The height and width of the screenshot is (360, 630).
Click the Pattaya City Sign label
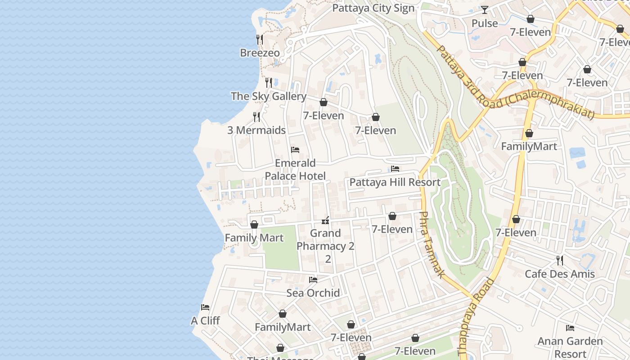click(373, 8)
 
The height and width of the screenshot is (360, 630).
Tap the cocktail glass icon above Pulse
click(485, 10)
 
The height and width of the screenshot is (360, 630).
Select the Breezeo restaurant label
click(260, 53)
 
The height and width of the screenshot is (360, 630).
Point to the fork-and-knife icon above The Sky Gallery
click(269, 82)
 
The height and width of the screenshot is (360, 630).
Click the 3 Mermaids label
click(256, 130)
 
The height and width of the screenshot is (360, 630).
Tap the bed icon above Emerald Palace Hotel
click(295, 149)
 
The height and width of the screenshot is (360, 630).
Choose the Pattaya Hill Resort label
click(395, 182)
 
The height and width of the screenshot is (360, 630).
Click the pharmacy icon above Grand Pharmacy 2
click(325, 220)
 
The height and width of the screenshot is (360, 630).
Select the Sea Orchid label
click(313, 293)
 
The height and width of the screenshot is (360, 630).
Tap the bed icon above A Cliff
click(205, 307)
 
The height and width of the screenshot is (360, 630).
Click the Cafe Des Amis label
click(560, 274)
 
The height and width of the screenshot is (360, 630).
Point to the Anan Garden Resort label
click(570, 347)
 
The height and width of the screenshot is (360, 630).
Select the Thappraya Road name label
click(475, 318)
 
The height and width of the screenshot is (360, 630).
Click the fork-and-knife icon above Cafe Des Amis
click(560, 260)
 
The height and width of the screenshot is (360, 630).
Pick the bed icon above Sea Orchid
click(313, 280)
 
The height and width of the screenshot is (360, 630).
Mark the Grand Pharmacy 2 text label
click(325, 246)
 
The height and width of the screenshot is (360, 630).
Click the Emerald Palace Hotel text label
click(295, 169)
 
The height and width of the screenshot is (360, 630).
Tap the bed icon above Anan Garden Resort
click(570, 328)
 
